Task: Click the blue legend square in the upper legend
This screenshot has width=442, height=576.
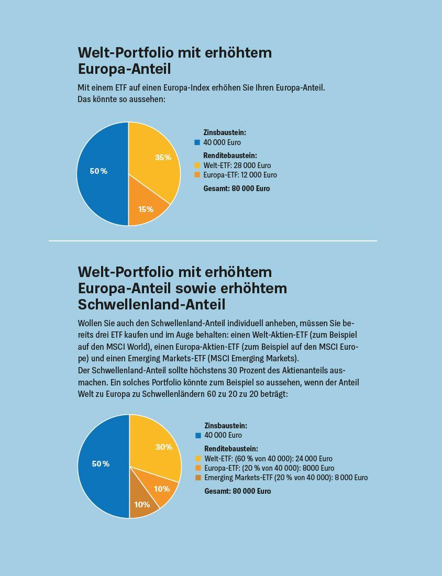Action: [197, 142]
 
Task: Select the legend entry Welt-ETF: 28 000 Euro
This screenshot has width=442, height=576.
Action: [237, 165]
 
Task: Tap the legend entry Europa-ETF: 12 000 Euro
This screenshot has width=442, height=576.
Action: [240, 175]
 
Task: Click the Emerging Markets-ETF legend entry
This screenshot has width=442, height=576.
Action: [285, 478]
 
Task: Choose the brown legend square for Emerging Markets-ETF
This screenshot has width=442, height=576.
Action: [198, 478]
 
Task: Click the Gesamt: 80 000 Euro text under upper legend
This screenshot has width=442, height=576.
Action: [237, 189]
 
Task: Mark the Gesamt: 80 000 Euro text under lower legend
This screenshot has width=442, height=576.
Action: [238, 491]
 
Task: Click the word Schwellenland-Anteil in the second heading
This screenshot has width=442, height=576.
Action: [151, 304]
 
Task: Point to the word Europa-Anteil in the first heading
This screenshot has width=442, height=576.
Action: [124, 69]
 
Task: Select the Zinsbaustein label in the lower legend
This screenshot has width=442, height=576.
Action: [226, 426]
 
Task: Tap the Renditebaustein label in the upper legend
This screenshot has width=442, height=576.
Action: [230, 156]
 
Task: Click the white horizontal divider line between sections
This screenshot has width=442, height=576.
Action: [213, 241]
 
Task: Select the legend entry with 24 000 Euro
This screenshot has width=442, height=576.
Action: [268, 459]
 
